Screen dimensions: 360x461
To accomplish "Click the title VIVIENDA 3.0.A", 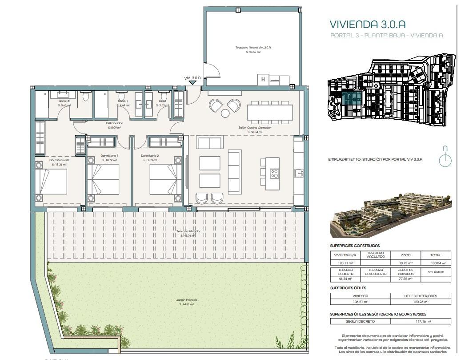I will point(367,24).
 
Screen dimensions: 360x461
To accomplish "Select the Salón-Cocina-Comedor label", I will point(254,128).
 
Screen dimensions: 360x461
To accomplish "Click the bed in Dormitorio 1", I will point(103,179).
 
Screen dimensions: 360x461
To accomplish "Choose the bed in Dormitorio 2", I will point(165,179).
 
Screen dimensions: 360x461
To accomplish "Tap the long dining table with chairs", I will point(270,112).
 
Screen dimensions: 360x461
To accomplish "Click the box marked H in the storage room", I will point(263,80).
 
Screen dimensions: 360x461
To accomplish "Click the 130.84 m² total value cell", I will point(436,263).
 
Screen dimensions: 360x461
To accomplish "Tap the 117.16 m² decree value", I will point(421,321).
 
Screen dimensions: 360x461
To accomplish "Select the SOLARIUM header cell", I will point(436,272).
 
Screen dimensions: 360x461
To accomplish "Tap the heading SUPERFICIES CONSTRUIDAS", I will point(355,245).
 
